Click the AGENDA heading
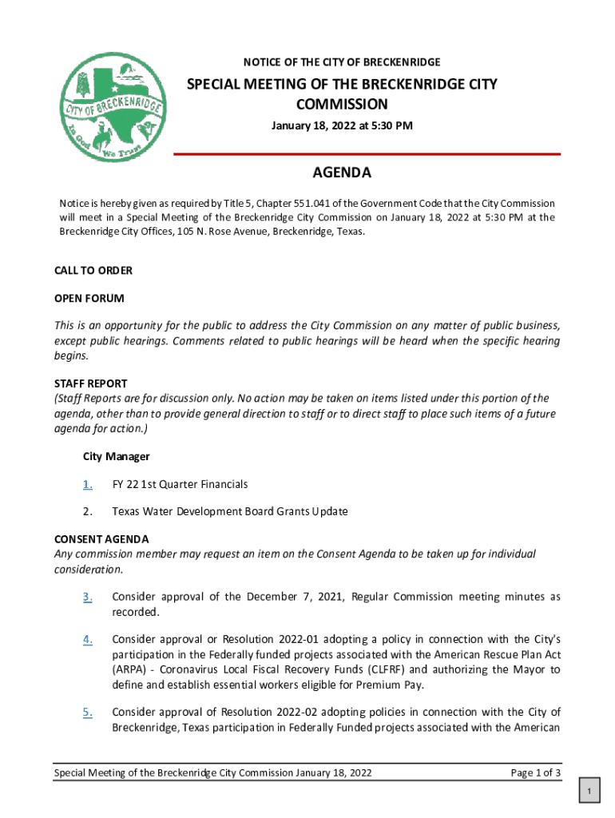[341, 173]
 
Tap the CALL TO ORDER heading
[93, 271]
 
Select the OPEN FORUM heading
[89, 298]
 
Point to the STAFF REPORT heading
[90, 383]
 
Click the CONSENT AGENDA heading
[101, 539]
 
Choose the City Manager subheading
[117, 457]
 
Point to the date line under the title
[342, 125]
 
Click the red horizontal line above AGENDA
[367, 154]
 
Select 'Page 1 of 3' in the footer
[535, 773]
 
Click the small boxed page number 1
[589, 792]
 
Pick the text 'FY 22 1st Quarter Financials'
[180, 484]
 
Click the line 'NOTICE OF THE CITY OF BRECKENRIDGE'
[342, 62]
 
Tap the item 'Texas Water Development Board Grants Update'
[230, 511]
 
